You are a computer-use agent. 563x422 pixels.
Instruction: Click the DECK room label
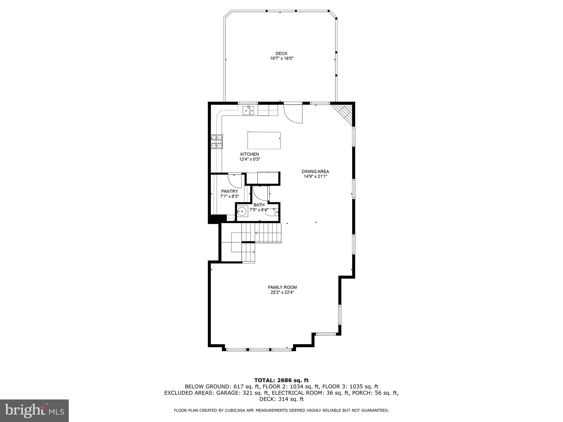tap(281, 54)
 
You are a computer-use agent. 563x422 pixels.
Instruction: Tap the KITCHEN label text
tap(250, 154)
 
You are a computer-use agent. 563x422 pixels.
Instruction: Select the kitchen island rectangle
tap(264, 140)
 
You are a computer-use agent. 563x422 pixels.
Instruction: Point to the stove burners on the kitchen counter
tap(217, 142)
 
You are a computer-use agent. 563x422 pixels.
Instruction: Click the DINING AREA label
tap(315, 171)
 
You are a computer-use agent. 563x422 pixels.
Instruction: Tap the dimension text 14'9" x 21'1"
tap(315, 176)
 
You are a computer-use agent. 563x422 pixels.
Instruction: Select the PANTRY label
tap(230, 191)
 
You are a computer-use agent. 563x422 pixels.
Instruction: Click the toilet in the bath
tap(273, 212)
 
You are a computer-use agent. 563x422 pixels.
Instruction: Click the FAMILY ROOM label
tap(282, 287)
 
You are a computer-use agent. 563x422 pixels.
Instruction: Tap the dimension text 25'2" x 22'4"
tap(282, 292)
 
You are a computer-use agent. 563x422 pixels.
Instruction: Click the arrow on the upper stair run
tap(256, 233)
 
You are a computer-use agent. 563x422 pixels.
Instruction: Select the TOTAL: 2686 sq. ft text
tap(281, 381)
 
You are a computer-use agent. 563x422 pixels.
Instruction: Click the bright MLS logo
tap(34, 410)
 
